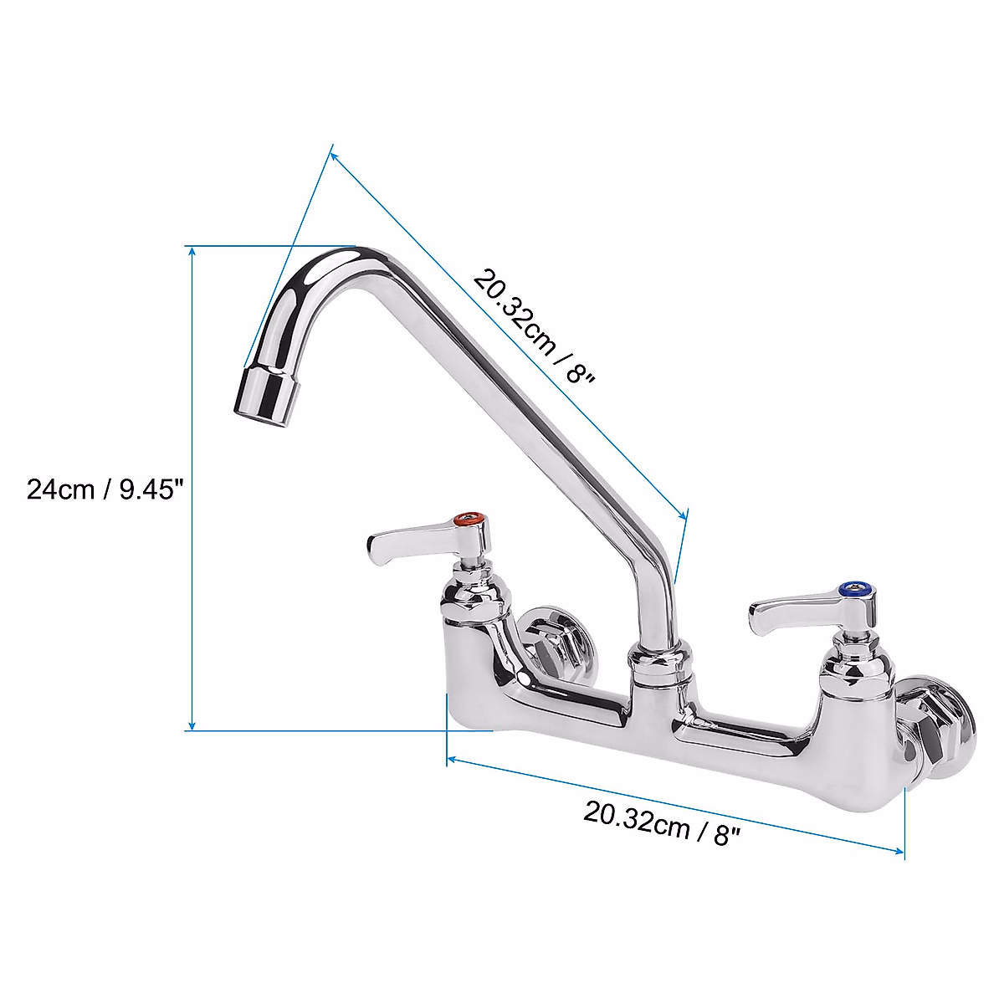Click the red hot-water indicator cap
469,522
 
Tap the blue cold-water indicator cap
853,592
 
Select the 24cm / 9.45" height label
105,489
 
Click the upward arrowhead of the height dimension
192,251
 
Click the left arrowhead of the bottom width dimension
452,760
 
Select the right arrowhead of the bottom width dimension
899,852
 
